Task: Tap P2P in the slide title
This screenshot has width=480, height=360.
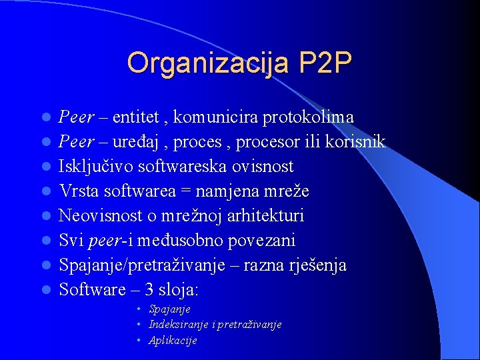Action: [x=325, y=64]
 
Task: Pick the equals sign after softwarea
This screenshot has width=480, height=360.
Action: [x=185, y=192]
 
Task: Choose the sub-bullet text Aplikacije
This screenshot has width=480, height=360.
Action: [x=173, y=340]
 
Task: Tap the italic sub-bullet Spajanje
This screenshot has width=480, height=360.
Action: [x=170, y=309]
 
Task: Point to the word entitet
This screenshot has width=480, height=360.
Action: [x=136, y=117]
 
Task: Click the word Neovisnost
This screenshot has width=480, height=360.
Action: [x=97, y=216]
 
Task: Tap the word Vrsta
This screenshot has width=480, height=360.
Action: [x=77, y=191]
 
